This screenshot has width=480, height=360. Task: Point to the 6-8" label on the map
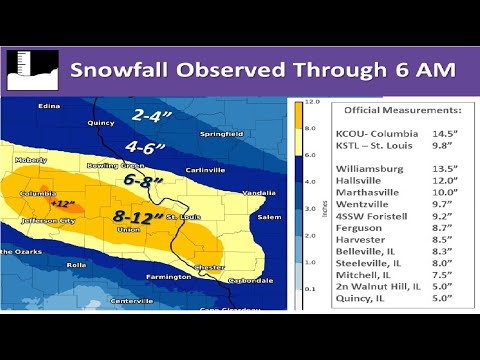click(141, 181)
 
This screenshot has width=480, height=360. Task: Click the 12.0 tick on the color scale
click(312, 103)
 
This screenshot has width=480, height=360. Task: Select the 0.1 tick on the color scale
click(312, 289)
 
